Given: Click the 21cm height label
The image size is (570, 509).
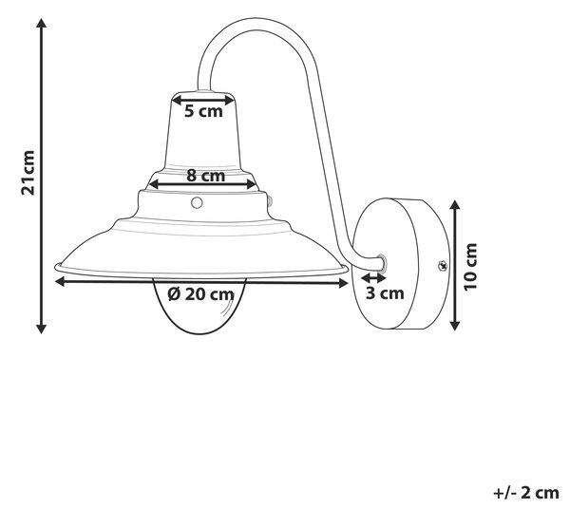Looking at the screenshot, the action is click(x=28, y=173).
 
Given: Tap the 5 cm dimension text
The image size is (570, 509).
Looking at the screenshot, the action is click(x=203, y=111).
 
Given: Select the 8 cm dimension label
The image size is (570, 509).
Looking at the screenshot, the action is click(x=206, y=176).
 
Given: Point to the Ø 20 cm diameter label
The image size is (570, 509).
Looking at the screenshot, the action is click(x=201, y=294).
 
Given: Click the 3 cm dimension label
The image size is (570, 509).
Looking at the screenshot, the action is click(x=385, y=293).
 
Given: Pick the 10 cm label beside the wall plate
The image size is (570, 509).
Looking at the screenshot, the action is click(x=470, y=267).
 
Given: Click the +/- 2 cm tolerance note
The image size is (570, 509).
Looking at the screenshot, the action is click(x=526, y=493).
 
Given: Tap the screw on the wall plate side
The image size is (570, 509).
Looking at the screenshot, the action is click(x=442, y=266).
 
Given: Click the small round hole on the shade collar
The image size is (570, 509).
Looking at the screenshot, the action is click(x=197, y=202).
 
